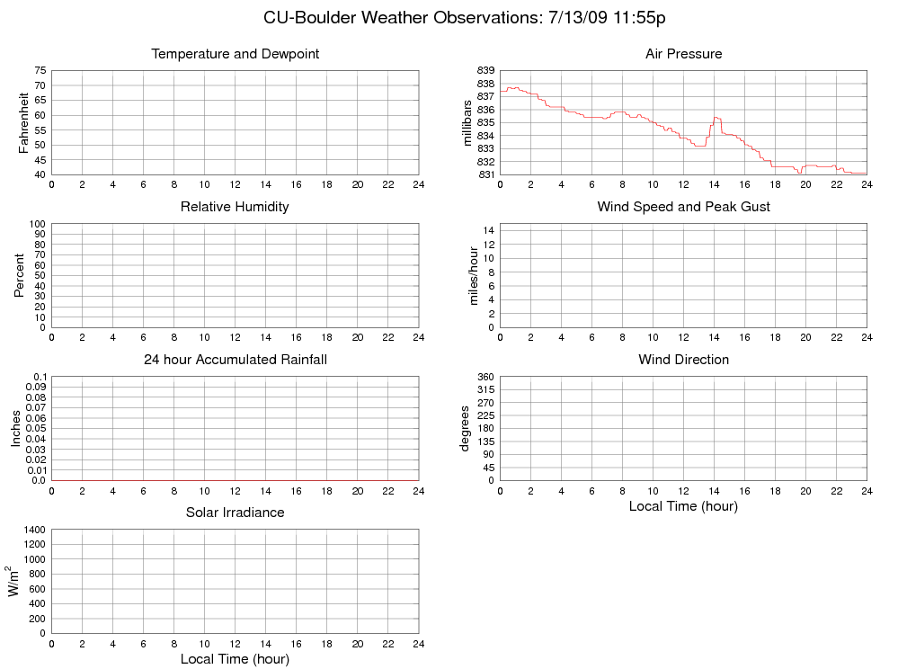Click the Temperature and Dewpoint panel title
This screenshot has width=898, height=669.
(236, 54)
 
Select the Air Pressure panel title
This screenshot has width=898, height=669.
(683, 54)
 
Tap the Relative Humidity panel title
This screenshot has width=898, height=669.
(235, 207)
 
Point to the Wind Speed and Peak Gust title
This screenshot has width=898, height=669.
(683, 207)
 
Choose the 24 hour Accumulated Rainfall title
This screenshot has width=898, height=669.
(236, 360)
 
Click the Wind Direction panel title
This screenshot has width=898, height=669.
(683, 360)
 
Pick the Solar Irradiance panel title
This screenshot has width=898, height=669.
(235, 513)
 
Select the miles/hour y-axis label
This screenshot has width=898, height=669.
(474, 273)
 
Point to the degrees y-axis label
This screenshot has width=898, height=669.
(465, 428)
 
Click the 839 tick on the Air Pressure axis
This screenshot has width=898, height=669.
(485, 70)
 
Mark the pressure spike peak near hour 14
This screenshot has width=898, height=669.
(716, 117)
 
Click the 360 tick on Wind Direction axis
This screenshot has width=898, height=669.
(485, 377)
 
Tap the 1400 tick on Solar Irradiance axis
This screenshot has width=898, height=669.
(34, 530)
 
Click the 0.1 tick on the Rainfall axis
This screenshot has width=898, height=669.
(40, 377)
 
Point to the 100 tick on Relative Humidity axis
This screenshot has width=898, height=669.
(37, 224)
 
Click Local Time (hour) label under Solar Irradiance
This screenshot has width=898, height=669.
(235, 659)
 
